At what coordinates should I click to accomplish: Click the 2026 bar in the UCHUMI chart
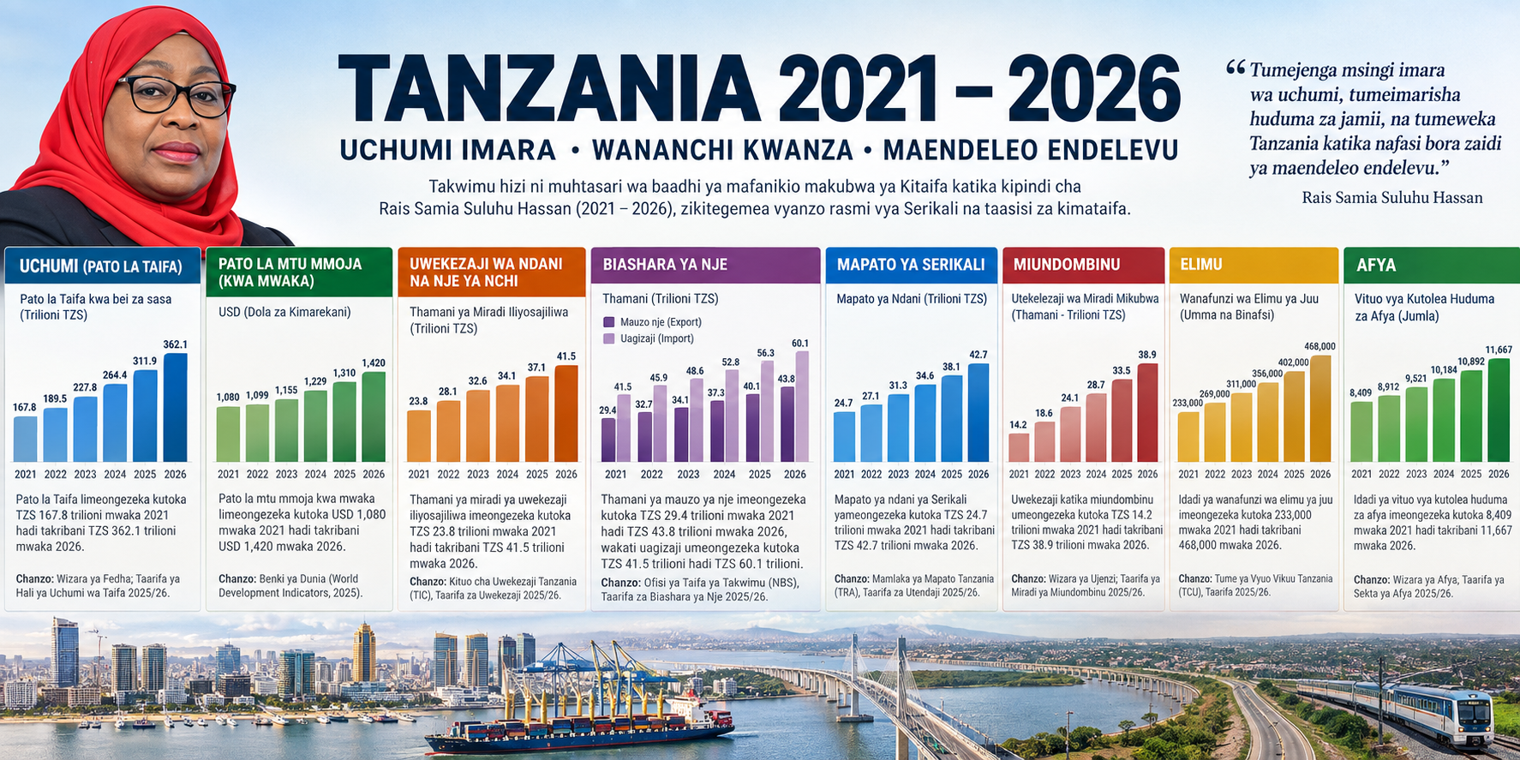175,408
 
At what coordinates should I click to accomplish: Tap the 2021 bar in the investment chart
419,436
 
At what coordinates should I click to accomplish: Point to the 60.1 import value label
800,344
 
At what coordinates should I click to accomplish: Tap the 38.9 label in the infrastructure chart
1147,355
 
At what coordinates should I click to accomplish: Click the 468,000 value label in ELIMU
1320,346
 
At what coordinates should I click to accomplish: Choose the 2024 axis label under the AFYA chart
1444,474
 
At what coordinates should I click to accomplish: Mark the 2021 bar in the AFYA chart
1361,432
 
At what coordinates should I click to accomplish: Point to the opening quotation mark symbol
1236,68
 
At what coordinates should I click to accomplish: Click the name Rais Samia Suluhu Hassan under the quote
1392,198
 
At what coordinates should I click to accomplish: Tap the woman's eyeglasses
177,94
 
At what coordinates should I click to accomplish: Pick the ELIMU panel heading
1201,265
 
